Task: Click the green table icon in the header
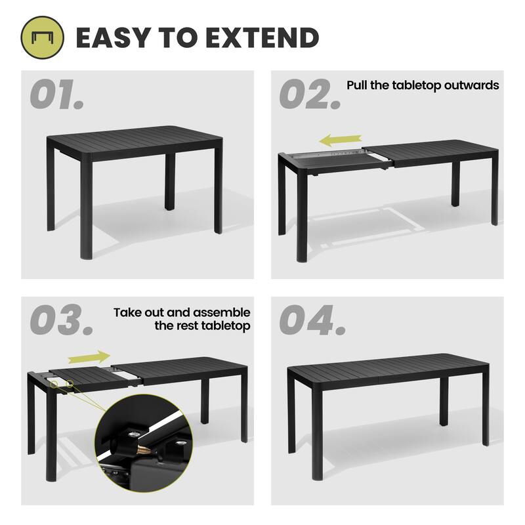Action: point(43,37)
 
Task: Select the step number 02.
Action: point(309,96)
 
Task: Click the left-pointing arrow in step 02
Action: point(341,139)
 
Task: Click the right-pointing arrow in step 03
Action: point(89,357)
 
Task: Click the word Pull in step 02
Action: point(357,85)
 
